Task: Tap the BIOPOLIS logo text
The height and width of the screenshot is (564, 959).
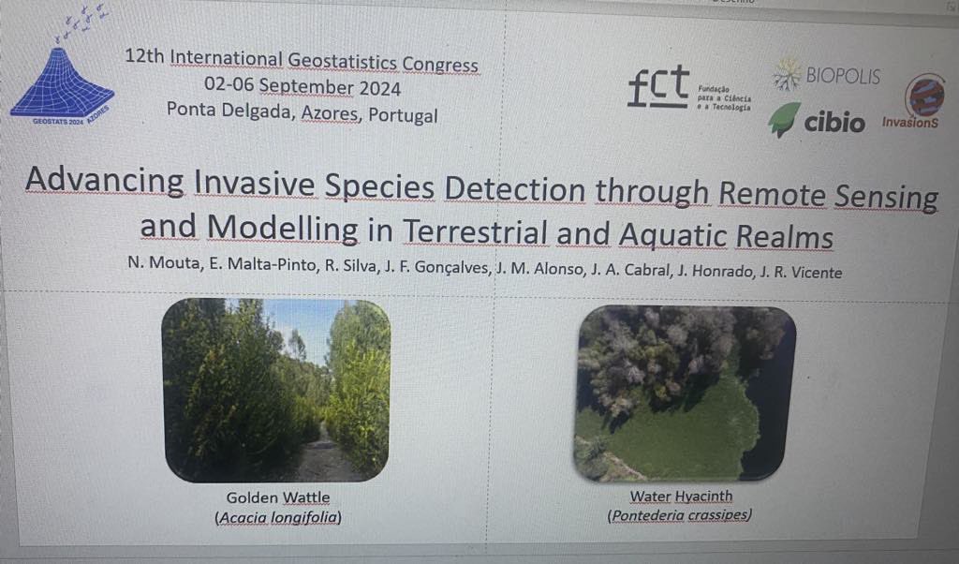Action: pyautogui.click(x=843, y=76)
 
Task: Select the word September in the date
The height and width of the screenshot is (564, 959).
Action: pyautogui.click(x=306, y=88)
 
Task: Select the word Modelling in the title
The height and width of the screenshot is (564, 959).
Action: pyautogui.click(x=282, y=228)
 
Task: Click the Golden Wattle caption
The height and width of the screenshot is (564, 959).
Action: pyautogui.click(x=278, y=497)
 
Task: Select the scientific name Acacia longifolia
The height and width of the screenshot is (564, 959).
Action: pyautogui.click(x=278, y=516)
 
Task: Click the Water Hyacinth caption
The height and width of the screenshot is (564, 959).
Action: pyautogui.click(x=681, y=497)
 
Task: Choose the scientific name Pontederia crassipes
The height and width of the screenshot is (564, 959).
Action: pyautogui.click(x=681, y=515)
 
